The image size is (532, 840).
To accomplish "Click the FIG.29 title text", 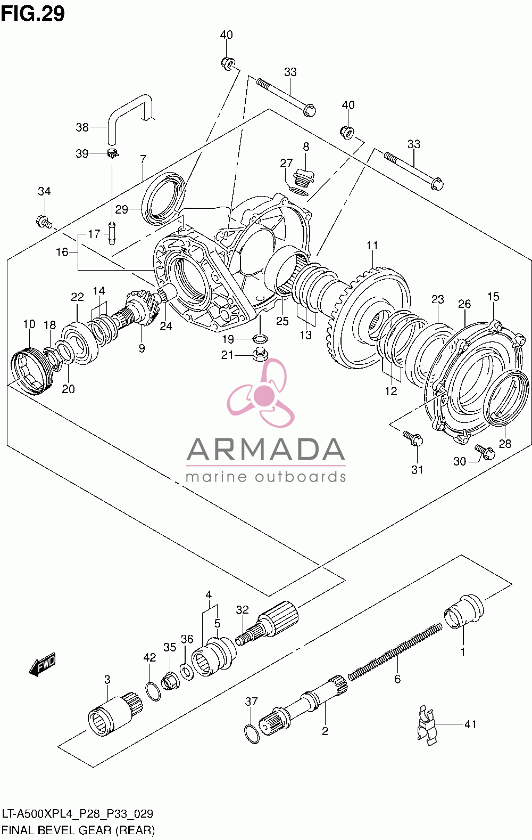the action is pyautogui.click(x=32, y=14).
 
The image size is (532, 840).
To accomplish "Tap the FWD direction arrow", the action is pyautogui.click(x=43, y=665).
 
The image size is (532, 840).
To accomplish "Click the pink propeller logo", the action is pyautogui.click(x=262, y=393).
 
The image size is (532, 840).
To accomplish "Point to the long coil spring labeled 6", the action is pyautogui.click(x=395, y=650).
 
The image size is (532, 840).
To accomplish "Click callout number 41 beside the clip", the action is pyautogui.click(x=470, y=724).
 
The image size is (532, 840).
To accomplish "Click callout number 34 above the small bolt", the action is pyautogui.click(x=44, y=191).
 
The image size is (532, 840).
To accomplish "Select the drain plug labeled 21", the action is pyautogui.click(x=260, y=355).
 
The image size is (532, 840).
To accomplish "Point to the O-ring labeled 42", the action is pyautogui.click(x=153, y=692).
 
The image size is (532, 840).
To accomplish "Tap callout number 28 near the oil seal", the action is pyautogui.click(x=505, y=444).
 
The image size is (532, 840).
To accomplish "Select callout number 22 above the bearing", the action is pyautogui.click(x=78, y=297).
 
